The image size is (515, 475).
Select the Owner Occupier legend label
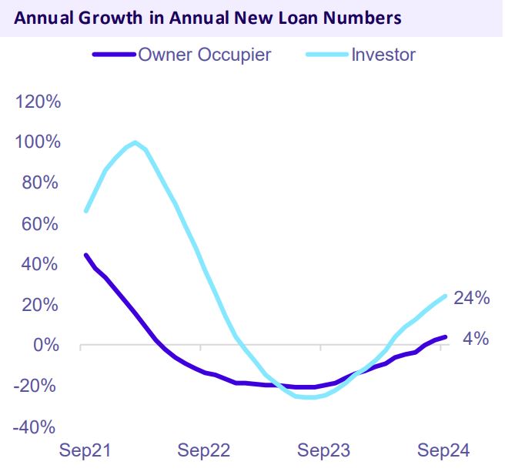click(205, 55)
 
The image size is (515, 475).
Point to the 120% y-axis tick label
click(38, 102)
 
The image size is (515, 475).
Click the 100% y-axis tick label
click(38, 142)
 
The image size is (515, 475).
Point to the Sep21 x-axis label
click(85, 450)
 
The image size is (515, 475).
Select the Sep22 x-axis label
click(204, 450)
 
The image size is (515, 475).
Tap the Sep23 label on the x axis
click(324, 450)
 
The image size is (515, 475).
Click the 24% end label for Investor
click(471, 298)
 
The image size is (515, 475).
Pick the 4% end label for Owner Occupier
click(475, 338)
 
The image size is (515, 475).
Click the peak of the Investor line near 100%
click(135, 142)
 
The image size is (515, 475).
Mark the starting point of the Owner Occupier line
click(85, 255)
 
